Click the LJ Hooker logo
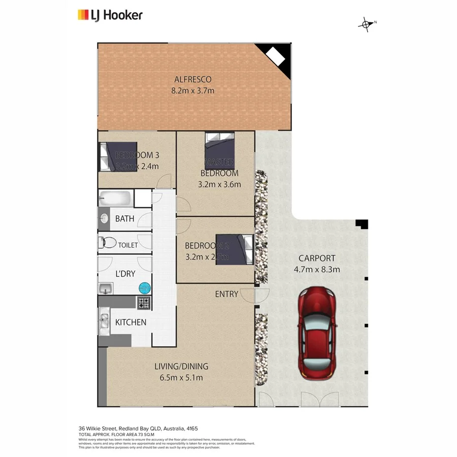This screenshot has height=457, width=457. tap(110, 15)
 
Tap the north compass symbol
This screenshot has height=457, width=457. tap(366, 24)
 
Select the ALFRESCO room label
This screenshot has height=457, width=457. tap(192, 80)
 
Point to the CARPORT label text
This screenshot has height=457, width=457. tap(316, 258)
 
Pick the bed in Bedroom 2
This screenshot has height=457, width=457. tap(235, 249)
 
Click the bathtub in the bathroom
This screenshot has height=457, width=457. tap(116, 198)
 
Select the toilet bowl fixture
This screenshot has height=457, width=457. tap(108, 243)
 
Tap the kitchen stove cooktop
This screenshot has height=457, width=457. tap(144, 303)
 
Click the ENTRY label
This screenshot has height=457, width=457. tap(226, 294)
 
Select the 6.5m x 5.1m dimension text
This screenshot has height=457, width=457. tap(181, 377)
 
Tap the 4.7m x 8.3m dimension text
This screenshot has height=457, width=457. tap(316, 269)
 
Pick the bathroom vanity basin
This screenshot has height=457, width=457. tap(104, 219)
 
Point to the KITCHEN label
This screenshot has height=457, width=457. tap(130, 322)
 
